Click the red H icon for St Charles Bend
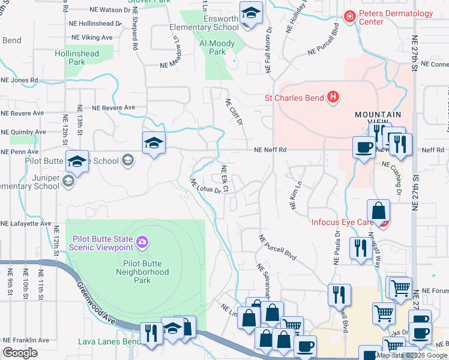[333, 97]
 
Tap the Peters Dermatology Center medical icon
[349, 17]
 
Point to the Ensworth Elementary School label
[203, 23]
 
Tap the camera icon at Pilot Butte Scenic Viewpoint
[142, 242]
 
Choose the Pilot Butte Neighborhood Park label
[142, 267]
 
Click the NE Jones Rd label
[19, 80]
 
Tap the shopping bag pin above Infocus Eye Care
[379, 211]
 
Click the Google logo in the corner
[20, 353]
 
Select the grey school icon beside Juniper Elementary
[67, 182]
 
